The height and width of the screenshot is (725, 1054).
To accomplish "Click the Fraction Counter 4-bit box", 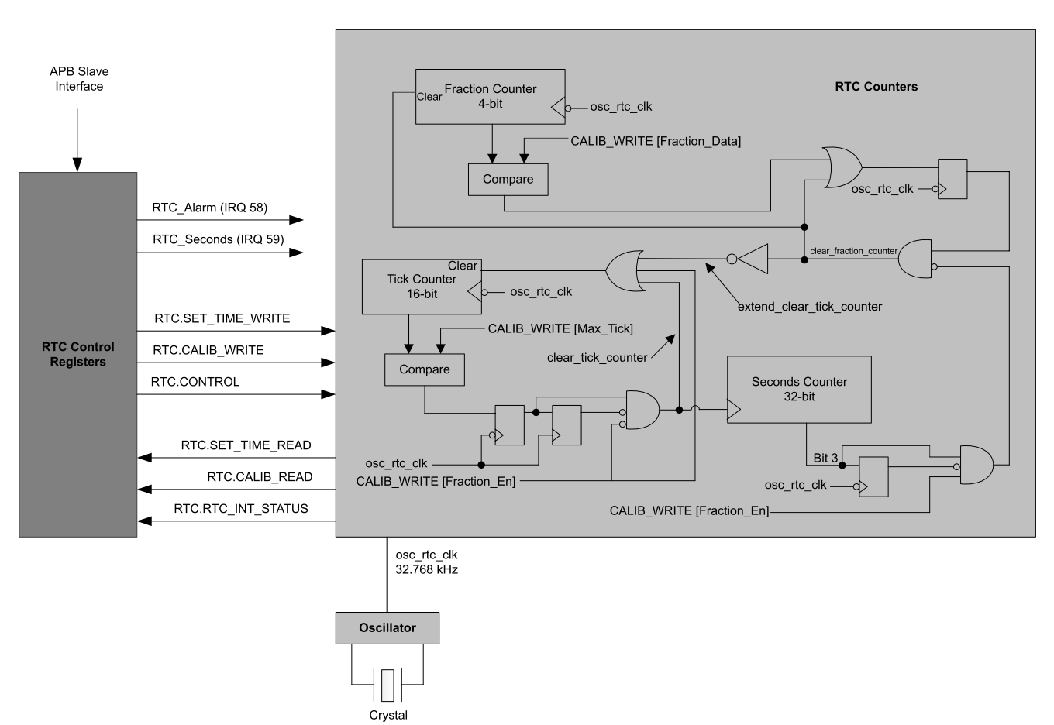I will [490, 97].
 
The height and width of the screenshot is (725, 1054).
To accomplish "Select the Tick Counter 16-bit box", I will [422, 287].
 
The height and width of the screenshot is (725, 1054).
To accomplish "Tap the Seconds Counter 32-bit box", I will [798, 389].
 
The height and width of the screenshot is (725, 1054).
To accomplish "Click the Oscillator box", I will [387, 627].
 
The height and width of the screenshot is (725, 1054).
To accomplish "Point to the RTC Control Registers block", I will [77, 355].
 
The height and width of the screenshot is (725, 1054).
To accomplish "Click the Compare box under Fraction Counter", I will [508, 179].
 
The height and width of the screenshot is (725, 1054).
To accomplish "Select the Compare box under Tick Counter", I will [424, 369].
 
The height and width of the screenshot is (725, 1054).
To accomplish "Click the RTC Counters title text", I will [876, 87].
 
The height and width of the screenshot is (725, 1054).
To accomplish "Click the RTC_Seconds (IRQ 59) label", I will [219, 239].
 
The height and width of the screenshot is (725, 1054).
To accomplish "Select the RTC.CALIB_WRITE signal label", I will [208, 350].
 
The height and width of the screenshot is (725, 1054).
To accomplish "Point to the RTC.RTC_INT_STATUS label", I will [241, 509].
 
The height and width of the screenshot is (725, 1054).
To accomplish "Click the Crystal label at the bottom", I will [388, 715].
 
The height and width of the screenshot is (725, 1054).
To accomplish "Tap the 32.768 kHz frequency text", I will [426, 569].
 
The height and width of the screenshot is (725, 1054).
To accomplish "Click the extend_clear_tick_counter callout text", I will [809, 307].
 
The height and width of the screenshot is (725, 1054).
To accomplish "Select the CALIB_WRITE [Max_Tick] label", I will [560, 329].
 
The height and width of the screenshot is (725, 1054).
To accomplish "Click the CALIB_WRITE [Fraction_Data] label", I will [656, 141].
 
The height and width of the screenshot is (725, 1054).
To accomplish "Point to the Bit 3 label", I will [825, 458].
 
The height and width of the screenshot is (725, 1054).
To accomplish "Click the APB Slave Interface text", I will [79, 79].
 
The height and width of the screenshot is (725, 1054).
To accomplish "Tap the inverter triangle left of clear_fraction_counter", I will [753, 259].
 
